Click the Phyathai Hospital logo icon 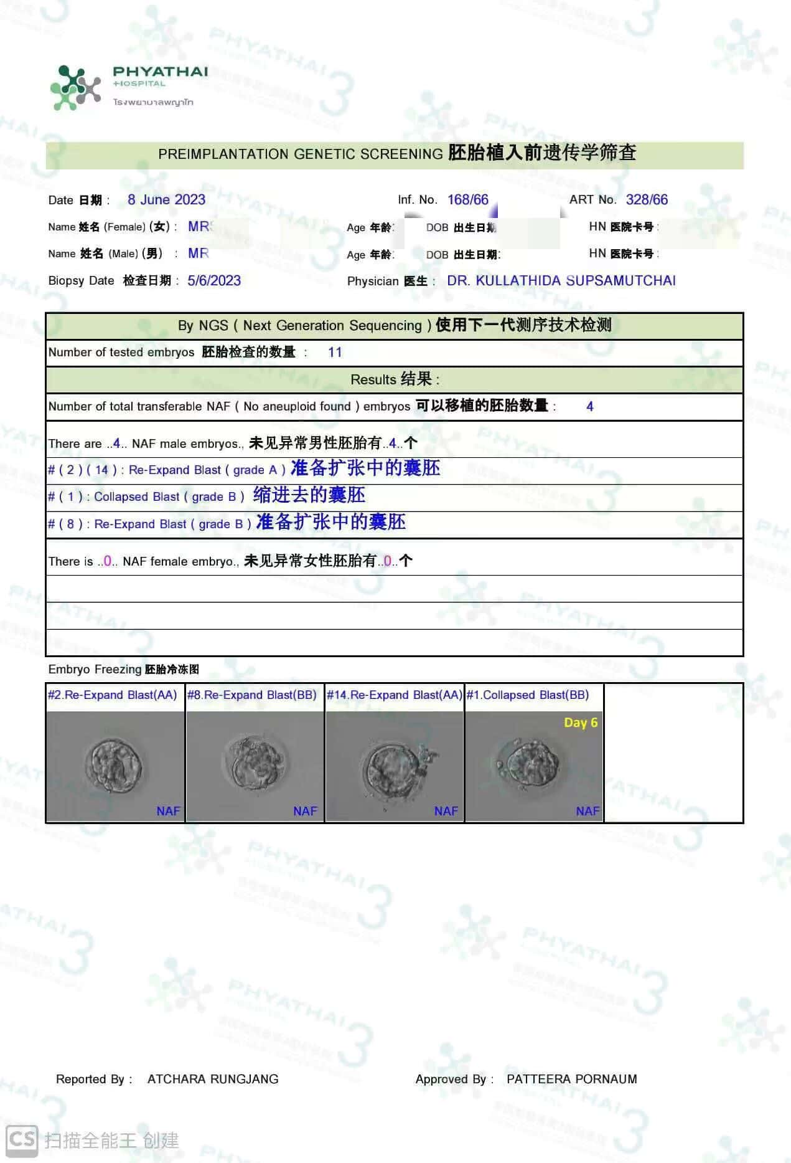tap(75, 88)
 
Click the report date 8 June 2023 tap(166, 200)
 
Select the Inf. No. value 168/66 tap(467, 200)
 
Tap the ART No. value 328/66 tap(647, 200)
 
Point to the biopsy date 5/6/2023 tap(214, 281)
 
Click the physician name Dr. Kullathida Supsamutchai tap(561, 281)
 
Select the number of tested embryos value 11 tap(335, 353)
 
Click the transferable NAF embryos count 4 tap(589, 407)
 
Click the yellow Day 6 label tap(580, 723)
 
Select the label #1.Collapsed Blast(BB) tap(527, 695)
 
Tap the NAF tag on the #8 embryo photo tap(305, 811)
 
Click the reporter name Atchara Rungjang tap(213, 1080)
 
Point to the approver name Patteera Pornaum tap(571, 1080)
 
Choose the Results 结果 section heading tap(395, 379)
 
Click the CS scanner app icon tap(21, 1139)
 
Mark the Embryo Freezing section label tap(123, 670)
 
